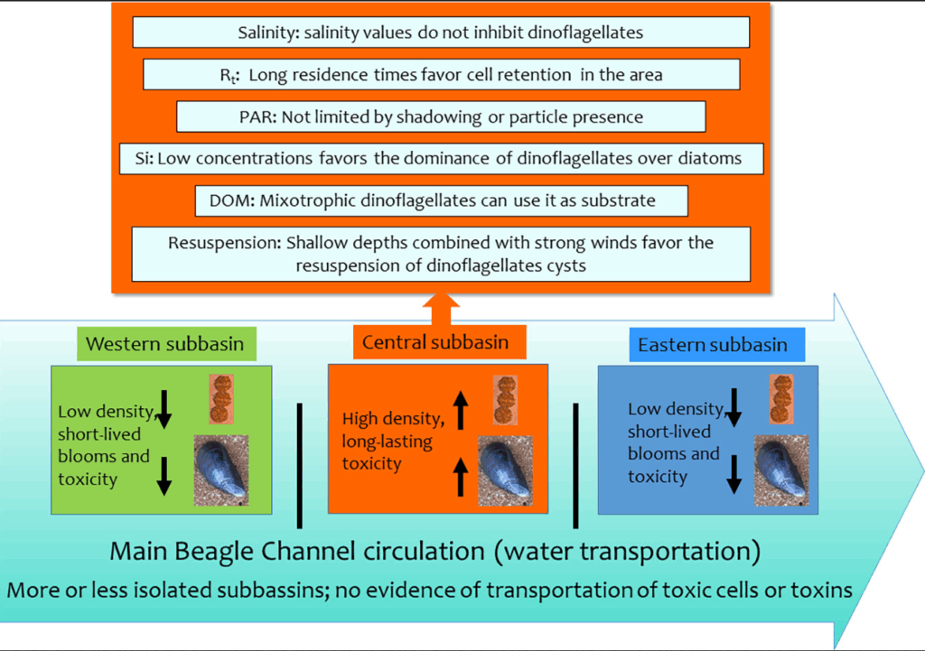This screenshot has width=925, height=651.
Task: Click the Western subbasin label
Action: point(166,344)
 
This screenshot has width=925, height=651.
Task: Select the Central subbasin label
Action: point(435,342)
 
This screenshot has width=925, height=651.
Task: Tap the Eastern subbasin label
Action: point(713,345)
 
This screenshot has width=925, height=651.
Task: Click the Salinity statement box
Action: point(441,33)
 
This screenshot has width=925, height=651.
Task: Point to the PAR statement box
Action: point(441,116)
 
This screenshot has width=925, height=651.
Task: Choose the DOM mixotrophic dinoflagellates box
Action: point(441,200)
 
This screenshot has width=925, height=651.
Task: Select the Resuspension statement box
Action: point(441,254)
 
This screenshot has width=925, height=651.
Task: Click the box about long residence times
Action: point(441,75)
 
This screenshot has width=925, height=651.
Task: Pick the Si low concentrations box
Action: point(441,159)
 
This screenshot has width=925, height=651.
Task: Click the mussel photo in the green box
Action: point(221,469)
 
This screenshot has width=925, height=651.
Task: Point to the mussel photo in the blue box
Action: point(781,470)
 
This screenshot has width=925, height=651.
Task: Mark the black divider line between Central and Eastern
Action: point(575,466)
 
